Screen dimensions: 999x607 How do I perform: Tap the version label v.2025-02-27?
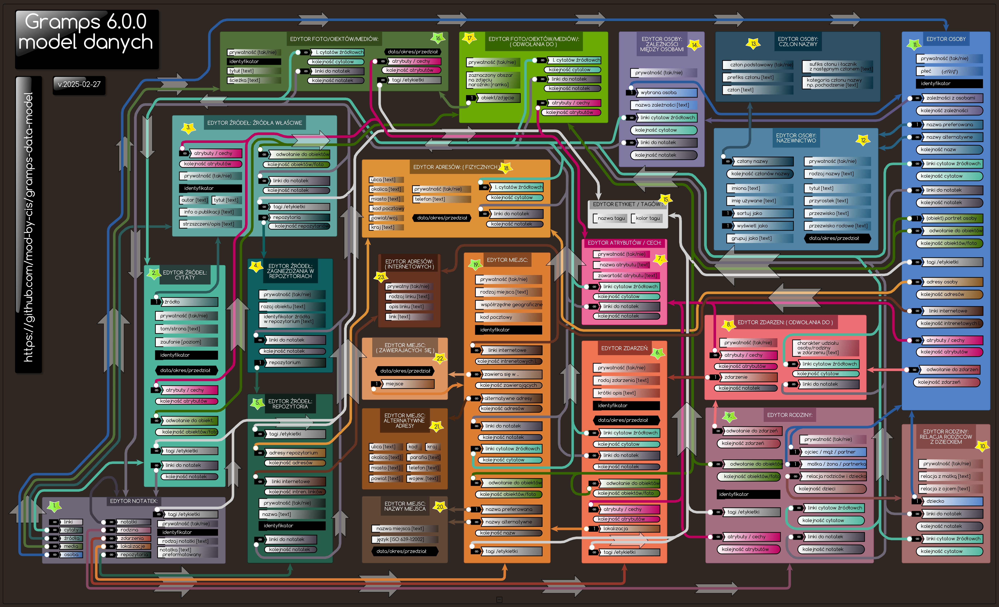tap(79, 84)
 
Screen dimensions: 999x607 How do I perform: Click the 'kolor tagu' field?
tap(648, 218)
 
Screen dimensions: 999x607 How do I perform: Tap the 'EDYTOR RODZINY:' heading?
tap(789, 415)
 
